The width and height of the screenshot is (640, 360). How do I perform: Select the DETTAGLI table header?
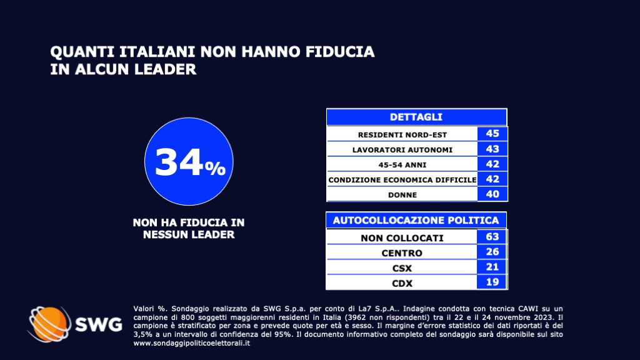(x=416, y=117)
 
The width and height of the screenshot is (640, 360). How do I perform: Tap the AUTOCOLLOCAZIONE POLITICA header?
(x=416, y=220)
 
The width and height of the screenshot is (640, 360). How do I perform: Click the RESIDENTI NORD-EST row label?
(x=402, y=134)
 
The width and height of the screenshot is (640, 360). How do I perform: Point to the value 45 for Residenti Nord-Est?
(x=492, y=134)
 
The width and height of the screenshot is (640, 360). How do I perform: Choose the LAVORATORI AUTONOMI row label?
(x=402, y=149)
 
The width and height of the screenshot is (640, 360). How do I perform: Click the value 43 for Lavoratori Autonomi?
(x=492, y=149)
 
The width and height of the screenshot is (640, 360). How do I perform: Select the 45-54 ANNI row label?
(x=402, y=165)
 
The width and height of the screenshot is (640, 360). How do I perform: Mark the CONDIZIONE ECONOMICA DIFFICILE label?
(x=402, y=180)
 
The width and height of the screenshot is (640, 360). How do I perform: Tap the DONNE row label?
(x=402, y=195)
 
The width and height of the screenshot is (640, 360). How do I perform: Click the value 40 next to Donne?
(x=492, y=194)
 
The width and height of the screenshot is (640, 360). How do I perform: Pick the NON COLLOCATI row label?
(x=402, y=238)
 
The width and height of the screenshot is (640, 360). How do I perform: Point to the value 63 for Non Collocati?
(x=492, y=237)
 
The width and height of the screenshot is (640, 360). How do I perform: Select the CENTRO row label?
(x=402, y=253)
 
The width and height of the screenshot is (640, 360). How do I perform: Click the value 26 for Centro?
(x=492, y=252)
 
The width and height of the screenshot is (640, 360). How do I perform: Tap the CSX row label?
(x=402, y=268)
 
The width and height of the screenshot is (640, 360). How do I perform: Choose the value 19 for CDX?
(x=492, y=282)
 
